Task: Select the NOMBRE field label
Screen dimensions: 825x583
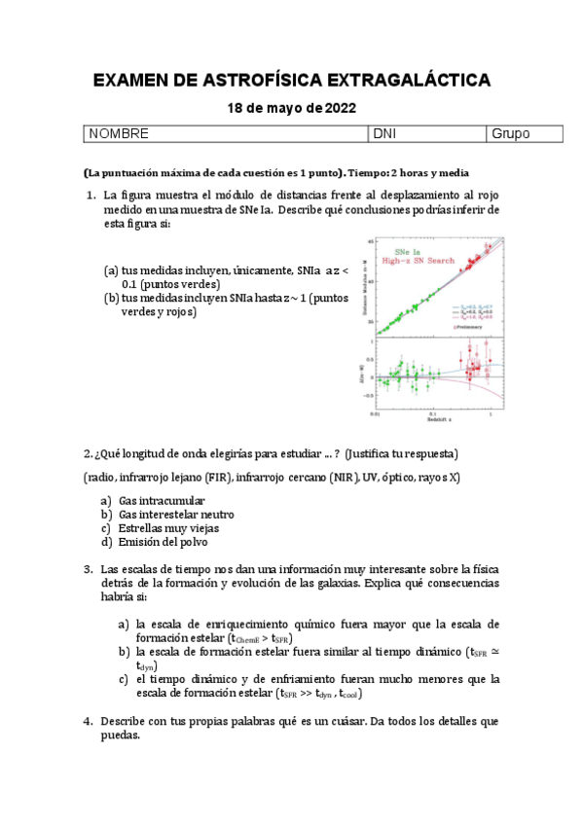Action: (119, 133)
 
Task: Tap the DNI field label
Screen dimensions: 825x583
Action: (384, 133)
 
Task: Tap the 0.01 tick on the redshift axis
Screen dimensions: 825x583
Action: (376, 413)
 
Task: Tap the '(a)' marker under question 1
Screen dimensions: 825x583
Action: (111, 271)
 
